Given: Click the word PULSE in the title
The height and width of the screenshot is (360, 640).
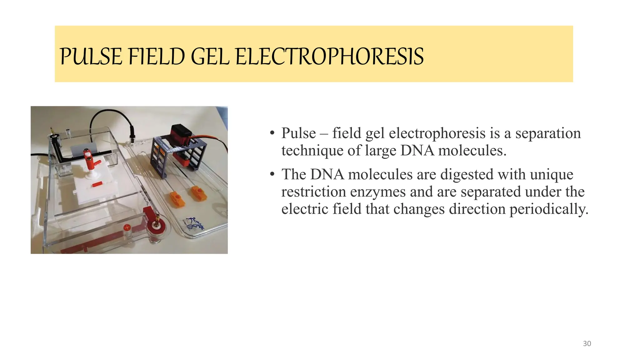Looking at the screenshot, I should click(90, 57).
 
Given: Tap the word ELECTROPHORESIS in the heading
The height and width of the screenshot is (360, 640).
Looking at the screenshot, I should click(329, 57).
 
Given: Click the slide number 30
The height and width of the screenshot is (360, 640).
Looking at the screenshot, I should click(587, 344).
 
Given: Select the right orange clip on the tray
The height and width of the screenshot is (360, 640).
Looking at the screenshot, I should click(199, 193).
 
